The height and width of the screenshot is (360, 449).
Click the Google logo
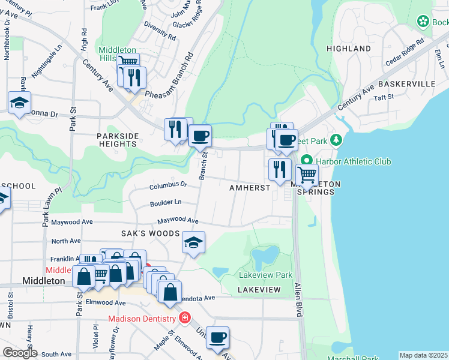(19, 353)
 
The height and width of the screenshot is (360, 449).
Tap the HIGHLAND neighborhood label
(348, 48)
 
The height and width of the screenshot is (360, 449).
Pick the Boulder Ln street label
(166, 203)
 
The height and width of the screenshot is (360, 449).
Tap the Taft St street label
(383, 97)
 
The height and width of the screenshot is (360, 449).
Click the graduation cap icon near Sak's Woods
(194, 242)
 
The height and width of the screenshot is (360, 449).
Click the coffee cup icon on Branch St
(200, 135)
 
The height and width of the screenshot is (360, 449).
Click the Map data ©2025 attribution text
(423, 355)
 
